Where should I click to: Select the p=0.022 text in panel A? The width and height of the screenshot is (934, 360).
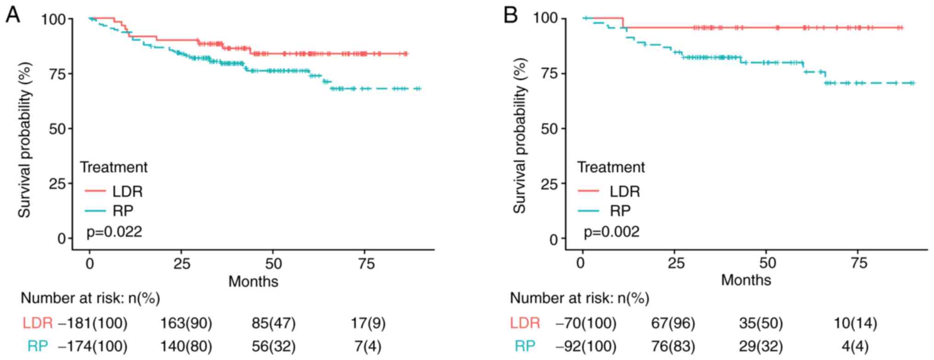pyautogui.click(x=114, y=231)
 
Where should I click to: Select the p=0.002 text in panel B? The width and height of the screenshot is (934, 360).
pyautogui.click(x=611, y=231)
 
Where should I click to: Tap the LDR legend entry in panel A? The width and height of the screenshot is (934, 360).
pyautogui.click(x=127, y=191)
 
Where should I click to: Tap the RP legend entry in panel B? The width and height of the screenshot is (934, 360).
pyautogui.click(x=620, y=211)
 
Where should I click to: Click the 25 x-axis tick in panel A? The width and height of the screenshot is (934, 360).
pyautogui.click(x=182, y=264)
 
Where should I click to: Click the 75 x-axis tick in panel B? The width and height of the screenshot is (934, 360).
pyautogui.click(x=857, y=263)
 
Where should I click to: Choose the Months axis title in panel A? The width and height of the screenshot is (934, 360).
pyautogui.click(x=253, y=281)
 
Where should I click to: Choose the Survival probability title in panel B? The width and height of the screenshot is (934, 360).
pyautogui.click(x=519, y=136)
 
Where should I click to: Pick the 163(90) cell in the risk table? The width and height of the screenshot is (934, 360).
pyautogui.click(x=186, y=323)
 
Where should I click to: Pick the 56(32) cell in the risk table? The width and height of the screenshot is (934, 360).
pyautogui.click(x=273, y=346)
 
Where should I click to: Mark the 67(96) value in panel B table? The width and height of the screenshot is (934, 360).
pyautogui.click(x=673, y=323)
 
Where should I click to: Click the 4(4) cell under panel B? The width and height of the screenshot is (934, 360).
pyautogui.click(x=855, y=346)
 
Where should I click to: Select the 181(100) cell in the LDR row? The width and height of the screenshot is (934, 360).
pyautogui.click(x=95, y=323)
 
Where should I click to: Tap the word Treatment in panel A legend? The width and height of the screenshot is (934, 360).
pyautogui.click(x=114, y=167)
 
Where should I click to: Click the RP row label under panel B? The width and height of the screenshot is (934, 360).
pyautogui.click(x=525, y=346)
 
